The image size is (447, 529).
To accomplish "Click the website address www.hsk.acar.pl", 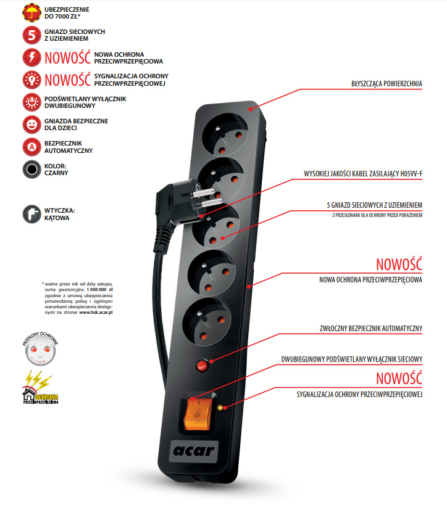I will (x=96, y=313).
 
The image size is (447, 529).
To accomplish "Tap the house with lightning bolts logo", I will (x=40, y=389).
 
